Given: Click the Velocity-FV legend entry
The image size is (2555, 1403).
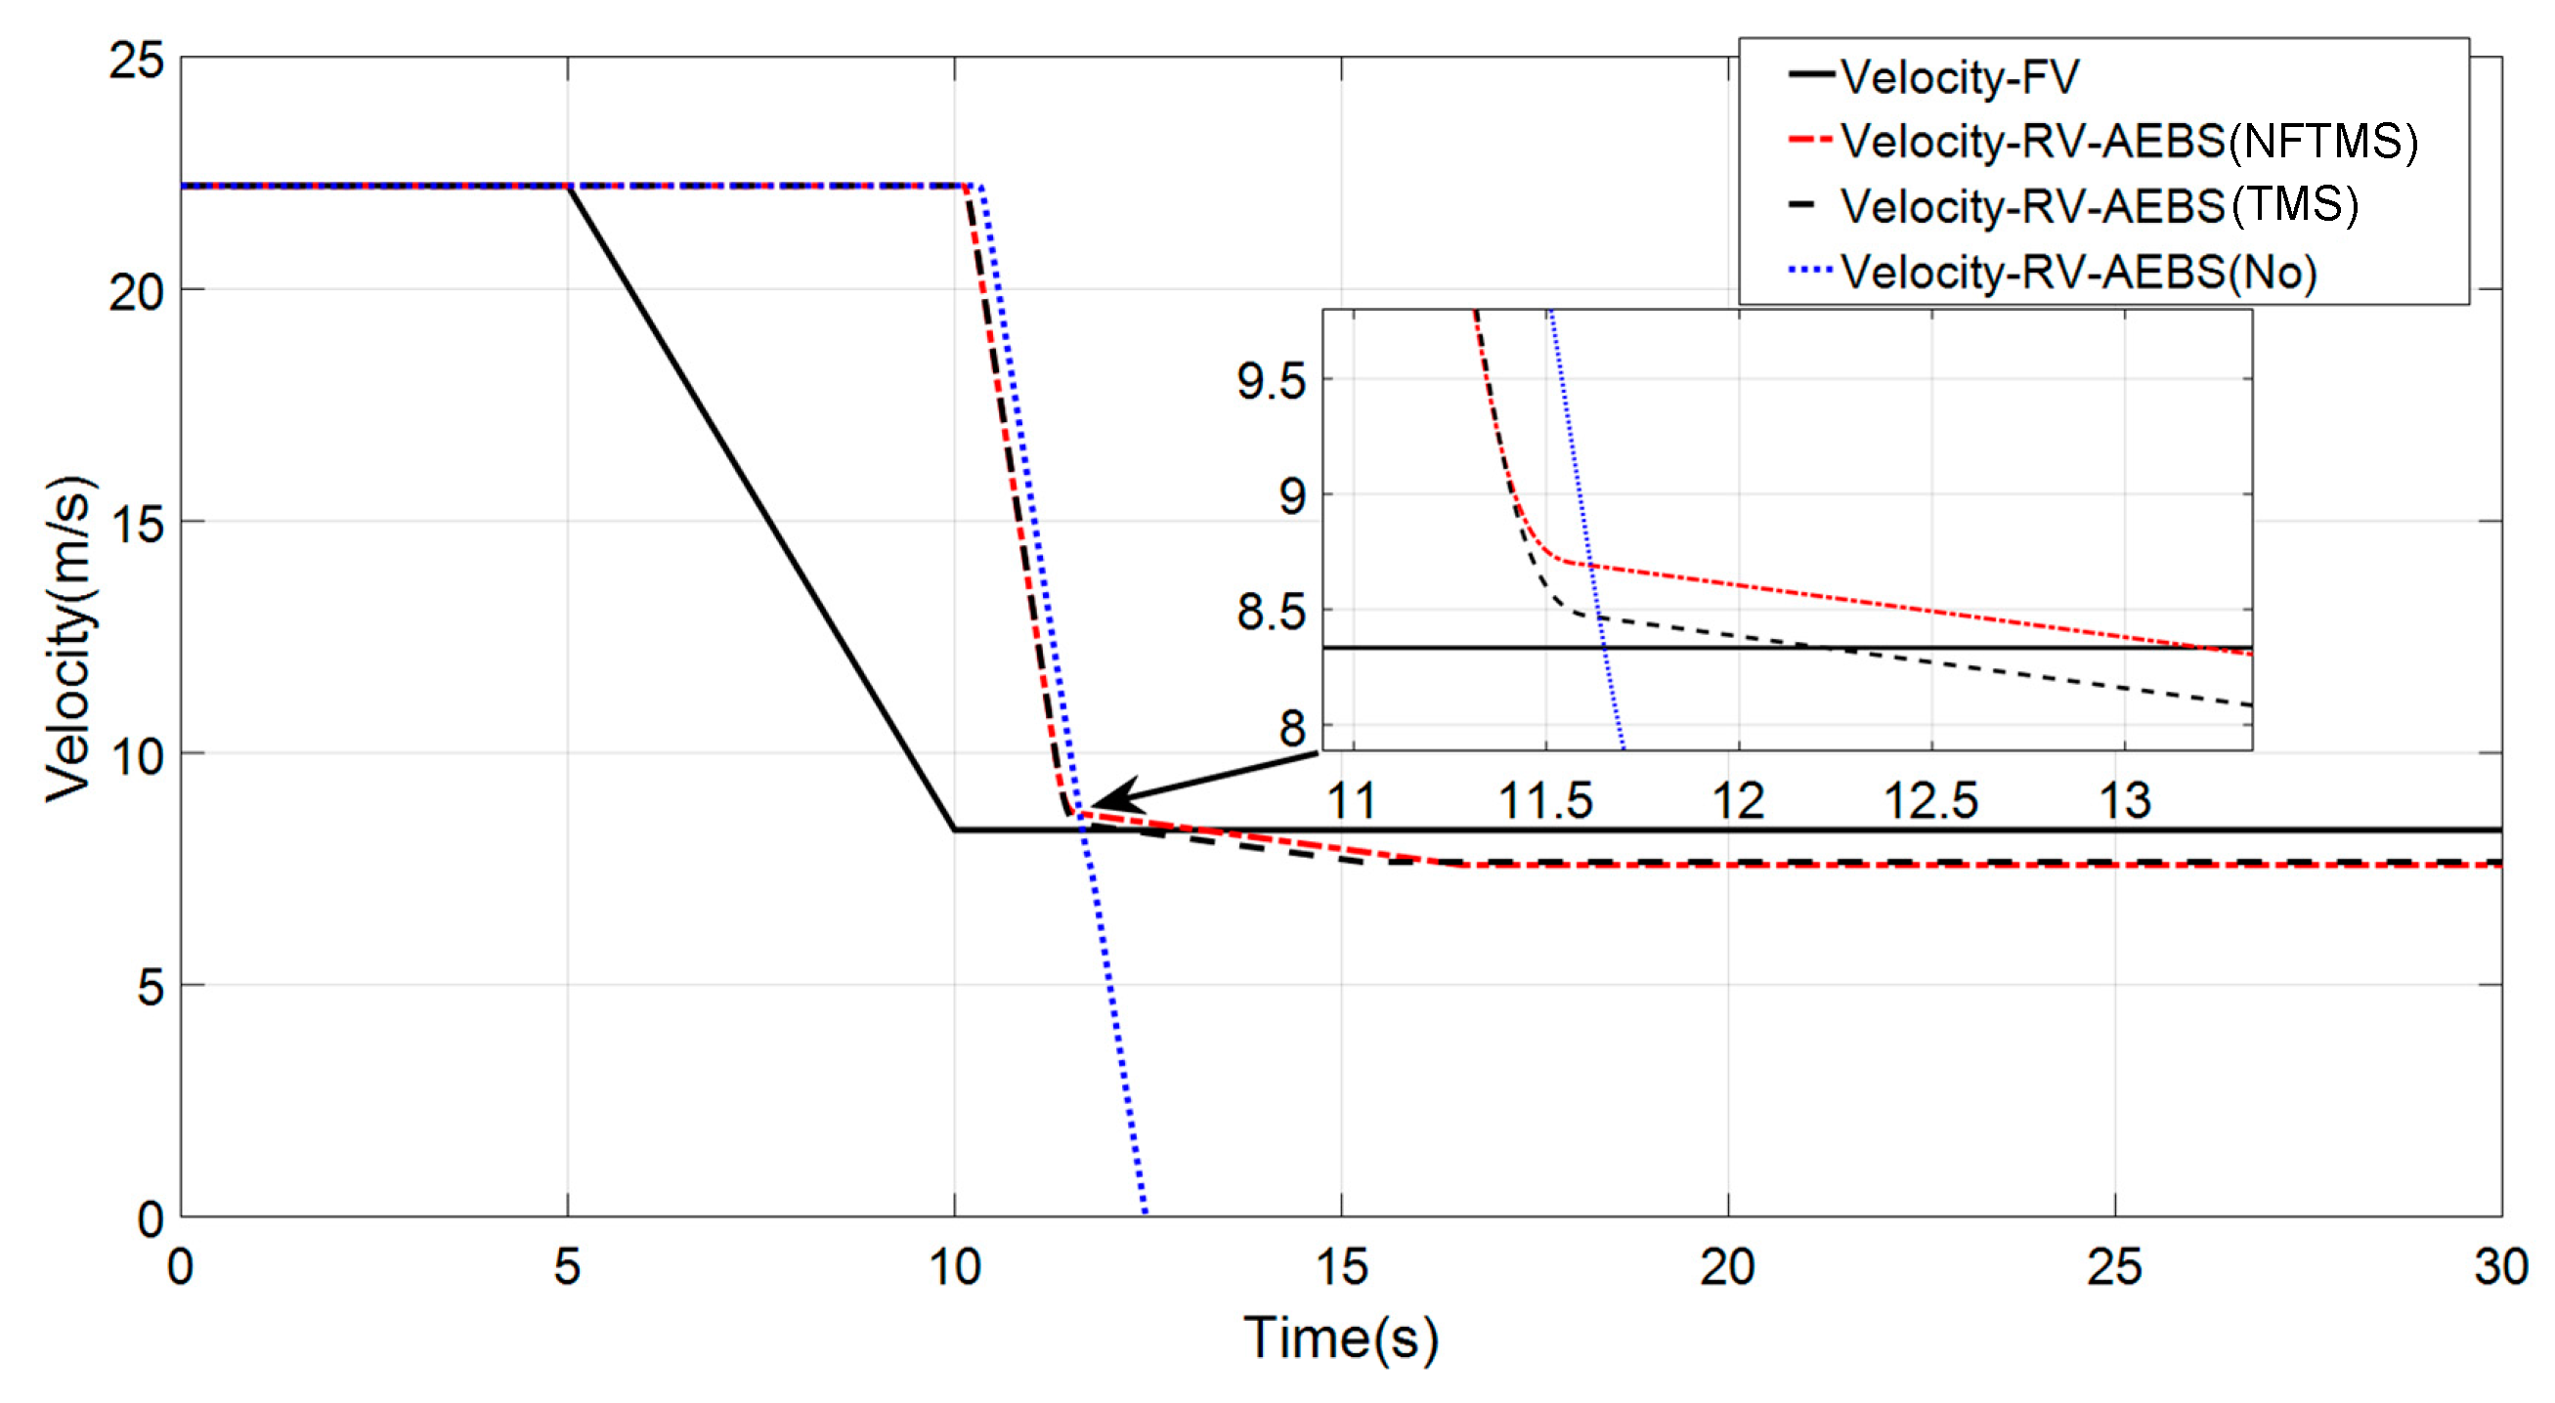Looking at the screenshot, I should (x=1959, y=77).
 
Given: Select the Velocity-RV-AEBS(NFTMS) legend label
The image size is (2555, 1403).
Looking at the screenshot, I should (x=2129, y=142).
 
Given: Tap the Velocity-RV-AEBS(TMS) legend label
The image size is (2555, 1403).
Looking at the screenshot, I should (x=2099, y=206).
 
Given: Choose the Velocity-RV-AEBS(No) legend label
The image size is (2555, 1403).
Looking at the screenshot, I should (x=2079, y=272).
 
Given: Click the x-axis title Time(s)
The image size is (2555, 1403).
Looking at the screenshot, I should (x=1341, y=1338).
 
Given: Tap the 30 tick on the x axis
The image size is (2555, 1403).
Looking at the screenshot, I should (x=2500, y=1267).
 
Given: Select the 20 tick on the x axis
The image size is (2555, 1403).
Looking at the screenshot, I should (x=1727, y=1267).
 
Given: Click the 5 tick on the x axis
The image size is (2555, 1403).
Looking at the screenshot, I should (x=567, y=1267).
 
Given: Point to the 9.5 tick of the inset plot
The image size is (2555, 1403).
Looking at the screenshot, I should (x=1271, y=382).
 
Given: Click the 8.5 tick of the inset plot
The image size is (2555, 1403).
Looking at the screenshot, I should (x=1271, y=613).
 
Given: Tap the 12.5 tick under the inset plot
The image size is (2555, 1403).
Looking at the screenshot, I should (x=1930, y=801).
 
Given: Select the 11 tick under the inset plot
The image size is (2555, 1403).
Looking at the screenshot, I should (x=1351, y=801).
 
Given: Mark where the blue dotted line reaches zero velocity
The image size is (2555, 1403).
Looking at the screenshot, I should (x=1145, y=1213).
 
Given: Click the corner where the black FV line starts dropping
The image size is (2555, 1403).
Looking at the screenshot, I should (x=568, y=187).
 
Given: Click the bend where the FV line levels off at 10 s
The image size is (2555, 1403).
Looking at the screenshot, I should (x=954, y=829).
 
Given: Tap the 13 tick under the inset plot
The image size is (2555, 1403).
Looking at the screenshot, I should (x=2125, y=801).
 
